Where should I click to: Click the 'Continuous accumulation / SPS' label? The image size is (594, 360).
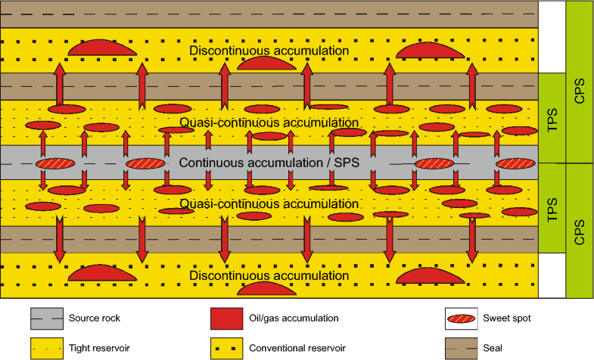click(269, 163)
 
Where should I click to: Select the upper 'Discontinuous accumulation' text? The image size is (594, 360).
click(269, 51)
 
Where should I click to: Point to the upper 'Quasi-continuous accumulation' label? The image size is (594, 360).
click(269, 122)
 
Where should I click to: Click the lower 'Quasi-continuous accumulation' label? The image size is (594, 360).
click(269, 204)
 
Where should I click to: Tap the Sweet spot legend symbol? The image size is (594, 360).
click(461, 318)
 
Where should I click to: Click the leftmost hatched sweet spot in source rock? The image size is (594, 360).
click(56, 163)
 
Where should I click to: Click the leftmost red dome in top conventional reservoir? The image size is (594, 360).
click(102, 47)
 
